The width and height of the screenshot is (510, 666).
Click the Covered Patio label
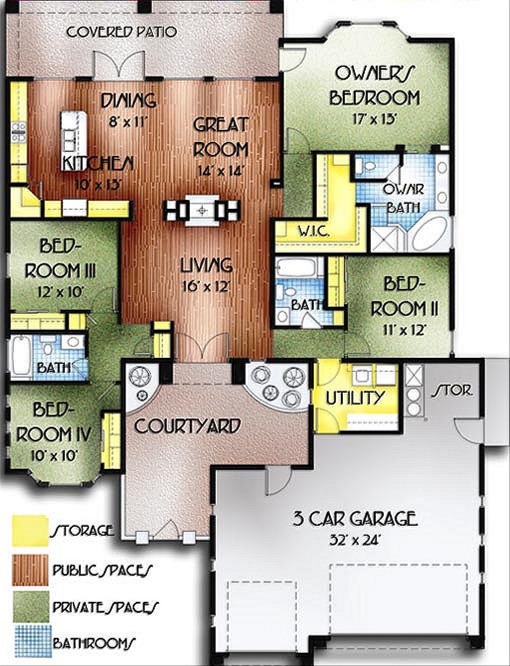click(x=122, y=32)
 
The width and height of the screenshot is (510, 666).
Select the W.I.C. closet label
click(x=313, y=232)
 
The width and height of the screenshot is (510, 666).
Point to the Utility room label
click(x=355, y=398)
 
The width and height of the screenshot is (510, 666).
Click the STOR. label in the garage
click(x=451, y=390)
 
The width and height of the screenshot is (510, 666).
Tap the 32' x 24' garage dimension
click(x=355, y=540)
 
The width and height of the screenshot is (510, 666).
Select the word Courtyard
click(x=187, y=426)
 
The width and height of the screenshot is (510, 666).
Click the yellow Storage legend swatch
click(x=30, y=531)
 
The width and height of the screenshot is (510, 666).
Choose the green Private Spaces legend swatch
click(x=30, y=606)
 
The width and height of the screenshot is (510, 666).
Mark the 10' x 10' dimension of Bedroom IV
click(x=54, y=455)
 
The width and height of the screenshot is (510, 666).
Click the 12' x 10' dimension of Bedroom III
click(x=60, y=292)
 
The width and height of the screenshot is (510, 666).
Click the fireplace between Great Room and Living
click(x=202, y=210)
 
